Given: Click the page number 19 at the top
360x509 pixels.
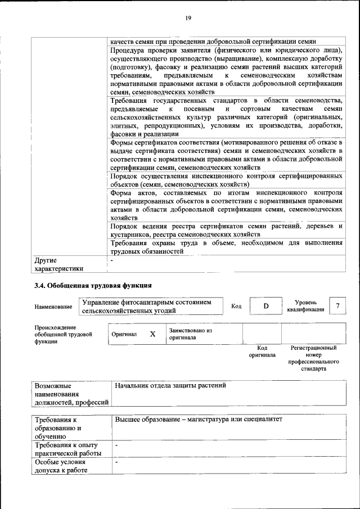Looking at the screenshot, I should pos(188,18).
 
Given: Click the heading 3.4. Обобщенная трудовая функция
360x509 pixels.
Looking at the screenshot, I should pos(93,285).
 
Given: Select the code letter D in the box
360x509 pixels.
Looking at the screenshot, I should pos(267,306).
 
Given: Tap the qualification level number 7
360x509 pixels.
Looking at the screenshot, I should pos(337,305).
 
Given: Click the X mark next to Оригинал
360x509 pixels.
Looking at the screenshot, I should pos(152,334).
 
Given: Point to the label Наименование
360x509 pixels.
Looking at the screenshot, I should pos(53,307).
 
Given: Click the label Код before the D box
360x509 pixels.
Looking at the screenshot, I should pos(236,306).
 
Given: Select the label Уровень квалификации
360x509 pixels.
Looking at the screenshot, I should pos(305,306).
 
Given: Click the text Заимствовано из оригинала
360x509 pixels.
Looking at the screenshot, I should pos(190,334).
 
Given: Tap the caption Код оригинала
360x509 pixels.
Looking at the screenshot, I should pos(262,352).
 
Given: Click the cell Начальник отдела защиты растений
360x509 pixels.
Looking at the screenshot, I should pos(170,386).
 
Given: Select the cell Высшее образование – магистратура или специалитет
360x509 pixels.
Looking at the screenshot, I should pos(198,420).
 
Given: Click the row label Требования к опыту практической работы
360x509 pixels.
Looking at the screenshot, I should pos(68,449).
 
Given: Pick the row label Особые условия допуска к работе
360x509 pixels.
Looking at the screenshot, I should pos(60,466).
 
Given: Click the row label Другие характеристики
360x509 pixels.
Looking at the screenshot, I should pos(58,264).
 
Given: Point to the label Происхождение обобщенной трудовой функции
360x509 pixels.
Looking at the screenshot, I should pos(55,334).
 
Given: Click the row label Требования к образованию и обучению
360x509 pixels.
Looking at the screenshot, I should pos(58,427).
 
